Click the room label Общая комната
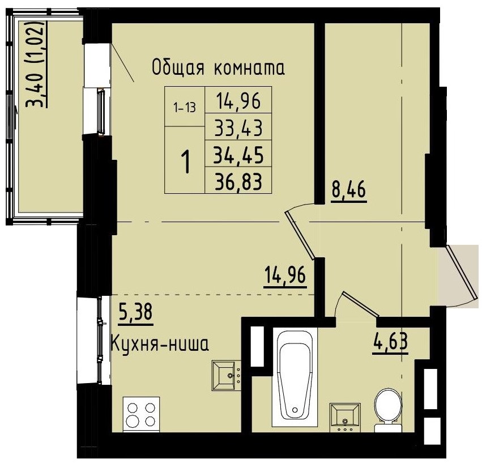click(x=218, y=68)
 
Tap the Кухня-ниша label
click(x=160, y=343)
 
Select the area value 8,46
click(x=348, y=190)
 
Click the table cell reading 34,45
click(x=238, y=154)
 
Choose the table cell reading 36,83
click(x=238, y=180)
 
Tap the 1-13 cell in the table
click(x=185, y=107)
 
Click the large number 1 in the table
click(x=185, y=160)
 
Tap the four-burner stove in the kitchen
click(x=141, y=414)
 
